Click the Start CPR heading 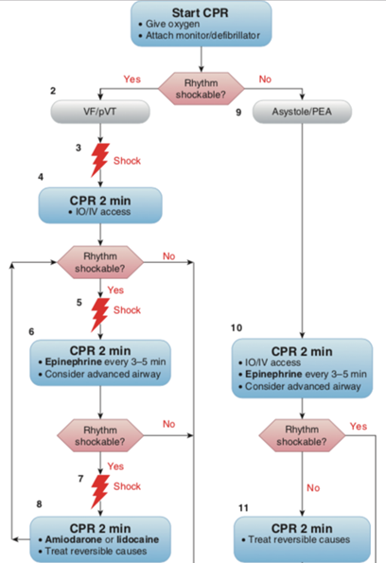point(200,13)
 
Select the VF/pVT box point(100,112)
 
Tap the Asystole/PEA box point(302,112)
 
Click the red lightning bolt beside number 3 point(100,160)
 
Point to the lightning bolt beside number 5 point(100,314)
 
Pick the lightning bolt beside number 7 point(100,491)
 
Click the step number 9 point(238,113)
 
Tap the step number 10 point(237,327)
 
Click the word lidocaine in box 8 point(137,539)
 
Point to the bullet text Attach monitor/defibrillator point(202,36)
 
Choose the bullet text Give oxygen point(172,24)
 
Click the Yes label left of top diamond point(132,79)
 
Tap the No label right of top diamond point(265,79)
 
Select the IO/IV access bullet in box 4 point(103,212)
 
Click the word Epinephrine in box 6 point(73,361)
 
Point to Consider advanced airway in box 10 point(303,386)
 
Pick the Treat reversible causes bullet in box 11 point(299,539)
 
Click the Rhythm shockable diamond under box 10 point(302,435)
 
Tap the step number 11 point(243,508)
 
